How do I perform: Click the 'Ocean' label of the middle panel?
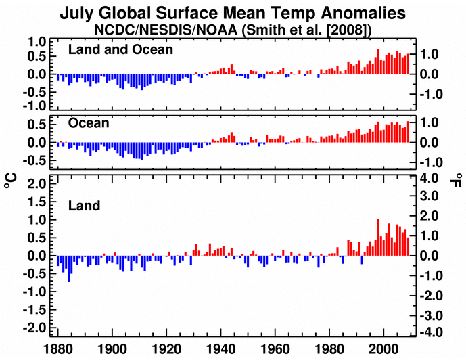point(89,124)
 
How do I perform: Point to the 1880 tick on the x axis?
point(55,351)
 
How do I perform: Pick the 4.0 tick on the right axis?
point(433,179)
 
